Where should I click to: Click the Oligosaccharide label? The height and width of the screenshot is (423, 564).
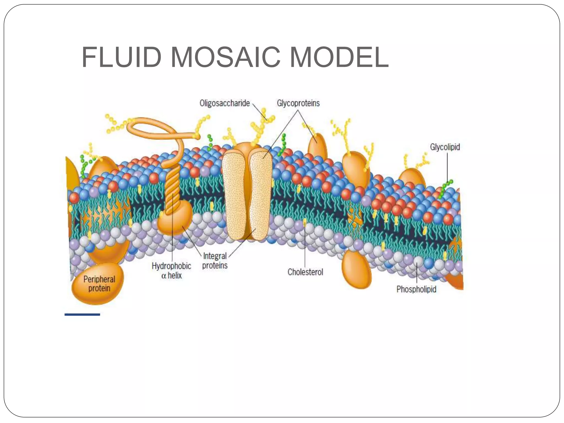[x=224, y=103]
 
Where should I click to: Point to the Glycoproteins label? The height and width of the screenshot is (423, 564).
[x=298, y=103]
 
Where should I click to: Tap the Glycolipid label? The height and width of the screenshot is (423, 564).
[x=445, y=147]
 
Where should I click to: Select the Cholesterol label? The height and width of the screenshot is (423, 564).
[x=305, y=272]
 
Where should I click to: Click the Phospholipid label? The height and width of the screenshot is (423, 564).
[x=416, y=289]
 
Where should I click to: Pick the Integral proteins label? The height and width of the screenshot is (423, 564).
[x=215, y=261]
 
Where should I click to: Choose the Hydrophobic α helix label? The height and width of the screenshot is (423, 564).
[x=171, y=270]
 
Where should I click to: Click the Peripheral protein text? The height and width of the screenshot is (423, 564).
[x=99, y=284]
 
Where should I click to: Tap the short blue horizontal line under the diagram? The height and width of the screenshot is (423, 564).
[x=82, y=314]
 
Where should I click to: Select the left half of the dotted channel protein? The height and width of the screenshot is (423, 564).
[x=234, y=193]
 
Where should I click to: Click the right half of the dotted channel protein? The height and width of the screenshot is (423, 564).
[x=260, y=193]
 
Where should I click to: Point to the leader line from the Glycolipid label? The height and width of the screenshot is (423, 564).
[x=447, y=165]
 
